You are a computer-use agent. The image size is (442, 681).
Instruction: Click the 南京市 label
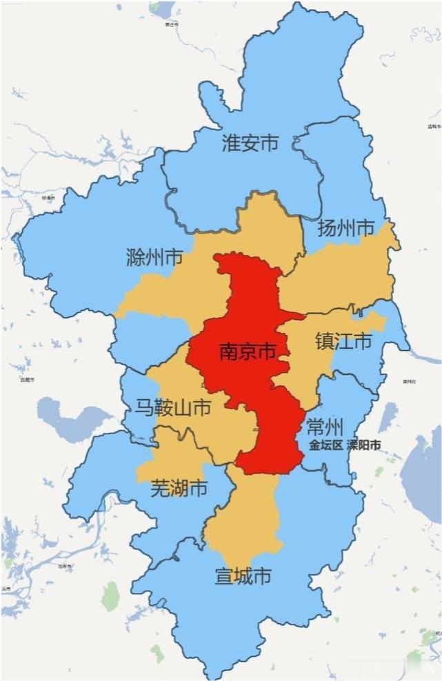248,352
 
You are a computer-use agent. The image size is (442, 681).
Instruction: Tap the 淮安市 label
250,143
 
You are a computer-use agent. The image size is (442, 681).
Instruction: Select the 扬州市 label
345,228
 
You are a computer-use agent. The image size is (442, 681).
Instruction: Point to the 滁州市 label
154,258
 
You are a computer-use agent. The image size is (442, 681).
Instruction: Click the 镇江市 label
343,341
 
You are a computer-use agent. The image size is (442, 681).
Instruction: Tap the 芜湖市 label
179,489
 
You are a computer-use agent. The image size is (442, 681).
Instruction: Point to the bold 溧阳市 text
363,445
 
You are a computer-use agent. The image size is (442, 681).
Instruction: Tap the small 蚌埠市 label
48,197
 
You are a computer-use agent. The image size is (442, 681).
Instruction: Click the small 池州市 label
66,567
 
